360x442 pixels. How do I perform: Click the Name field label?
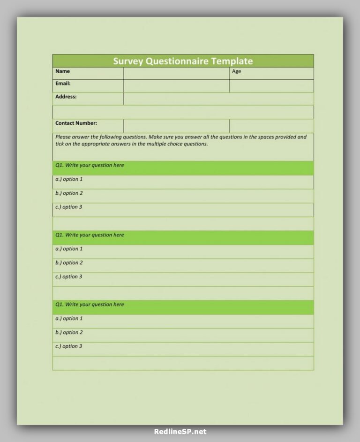(x=62, y=71)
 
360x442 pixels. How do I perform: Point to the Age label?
(x=237, y=71)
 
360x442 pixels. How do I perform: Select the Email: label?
(x=63, y=84)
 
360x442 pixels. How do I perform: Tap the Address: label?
(x=66, y=97)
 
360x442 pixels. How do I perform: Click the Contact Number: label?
(x=76, y=123)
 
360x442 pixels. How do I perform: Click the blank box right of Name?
(x=176, y=73)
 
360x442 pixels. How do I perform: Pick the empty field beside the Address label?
(x=218, y=99)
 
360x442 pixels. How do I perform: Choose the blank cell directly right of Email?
(x=176, y=86)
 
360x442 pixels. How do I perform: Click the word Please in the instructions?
(x=63, y=137)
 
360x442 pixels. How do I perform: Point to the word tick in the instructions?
(x=60, y=144)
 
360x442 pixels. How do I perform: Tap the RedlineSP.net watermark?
(x=180, y=432)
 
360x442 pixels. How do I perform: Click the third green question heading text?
(x=90, y=305)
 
